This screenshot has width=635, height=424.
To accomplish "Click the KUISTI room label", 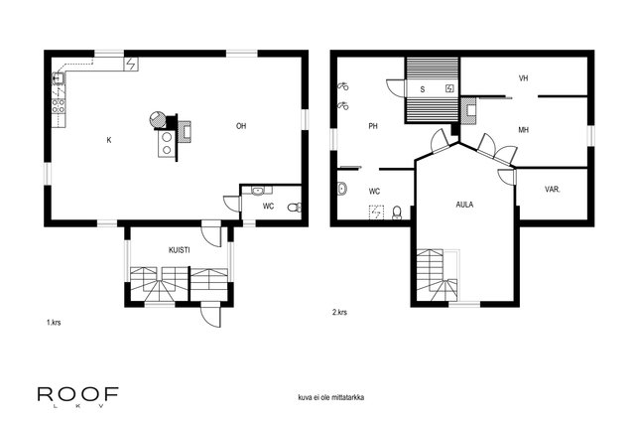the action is [x=179, y=250].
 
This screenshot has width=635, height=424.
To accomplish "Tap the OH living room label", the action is [x=241, y=126].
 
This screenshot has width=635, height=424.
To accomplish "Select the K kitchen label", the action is [x=109, y=140].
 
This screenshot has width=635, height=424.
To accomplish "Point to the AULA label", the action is [x=464, y=205].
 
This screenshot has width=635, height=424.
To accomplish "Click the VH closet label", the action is [x=523, y=78].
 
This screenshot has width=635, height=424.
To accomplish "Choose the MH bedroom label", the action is [x=523, y=130].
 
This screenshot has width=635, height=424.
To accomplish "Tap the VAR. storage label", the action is [x=553, y=190].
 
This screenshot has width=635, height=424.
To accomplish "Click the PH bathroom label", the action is [x=373, y=126].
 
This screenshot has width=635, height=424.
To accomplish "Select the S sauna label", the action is [x=423, y=89].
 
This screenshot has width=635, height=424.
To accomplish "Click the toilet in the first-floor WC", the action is [x=295, y=208].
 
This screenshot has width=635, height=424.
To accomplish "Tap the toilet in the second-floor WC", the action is [x=397, y=212].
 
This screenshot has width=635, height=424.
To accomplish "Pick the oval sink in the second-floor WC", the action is [x=341, y=189].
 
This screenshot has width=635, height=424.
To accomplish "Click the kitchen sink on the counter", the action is [x=59, y=77].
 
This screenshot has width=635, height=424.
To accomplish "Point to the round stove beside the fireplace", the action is [x=157, y=119].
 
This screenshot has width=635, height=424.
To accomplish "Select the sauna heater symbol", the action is [x=449, y=88].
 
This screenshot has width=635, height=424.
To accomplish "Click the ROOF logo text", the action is [x=78, y=394].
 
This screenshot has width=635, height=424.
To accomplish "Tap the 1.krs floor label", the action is [x=54, y=323].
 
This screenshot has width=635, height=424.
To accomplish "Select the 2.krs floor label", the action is [x=339, y=312].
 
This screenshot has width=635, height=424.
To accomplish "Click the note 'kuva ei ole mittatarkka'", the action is [x=330, y=397].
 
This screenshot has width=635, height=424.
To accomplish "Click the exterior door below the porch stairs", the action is [x=211, y=315].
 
